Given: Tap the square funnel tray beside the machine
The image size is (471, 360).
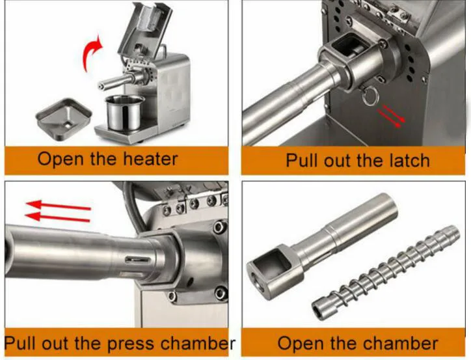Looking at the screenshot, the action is (x=64, y=118).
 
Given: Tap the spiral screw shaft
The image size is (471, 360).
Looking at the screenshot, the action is (x=385, y=271).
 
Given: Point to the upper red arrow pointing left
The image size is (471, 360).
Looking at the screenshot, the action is (x=59, y=205).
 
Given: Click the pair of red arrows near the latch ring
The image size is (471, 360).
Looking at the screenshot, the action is (x=391, y=117).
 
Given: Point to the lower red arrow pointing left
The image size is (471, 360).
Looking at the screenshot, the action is (x=57, y=217).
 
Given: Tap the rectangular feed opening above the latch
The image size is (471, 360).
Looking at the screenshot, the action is (x=351, y=48).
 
